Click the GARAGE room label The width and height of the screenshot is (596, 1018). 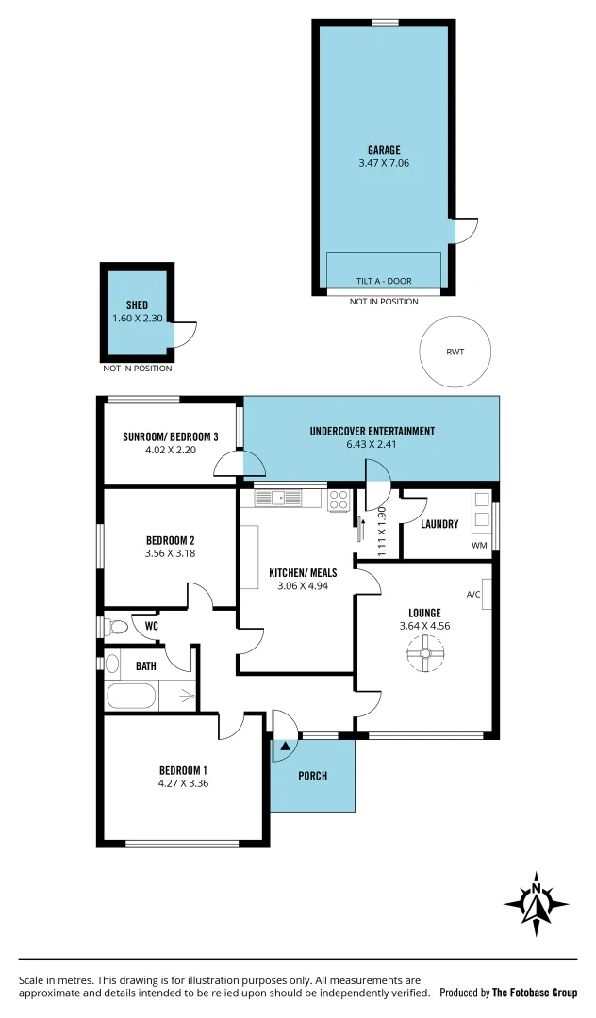(384, 150)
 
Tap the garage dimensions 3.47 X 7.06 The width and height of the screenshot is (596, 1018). (384, 163)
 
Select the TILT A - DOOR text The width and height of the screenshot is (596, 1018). (383, 282)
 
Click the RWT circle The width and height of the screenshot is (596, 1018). (455, 352)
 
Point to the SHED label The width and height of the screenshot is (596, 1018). (138, 305)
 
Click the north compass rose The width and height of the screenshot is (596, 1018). (537, 903)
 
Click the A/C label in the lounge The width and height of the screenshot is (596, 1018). (473, 595)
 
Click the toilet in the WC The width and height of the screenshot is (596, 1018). (117, 627)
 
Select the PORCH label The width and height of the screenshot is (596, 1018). (312, 776)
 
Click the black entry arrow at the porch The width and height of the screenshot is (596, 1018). (286, 747)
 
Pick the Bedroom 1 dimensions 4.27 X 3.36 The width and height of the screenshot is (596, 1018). (183, 782)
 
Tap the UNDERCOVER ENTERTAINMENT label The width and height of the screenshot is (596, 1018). (372, 432)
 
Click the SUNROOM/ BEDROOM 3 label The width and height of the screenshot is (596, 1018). (171, 436)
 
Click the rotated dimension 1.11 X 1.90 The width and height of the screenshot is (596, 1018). (382, 532)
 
